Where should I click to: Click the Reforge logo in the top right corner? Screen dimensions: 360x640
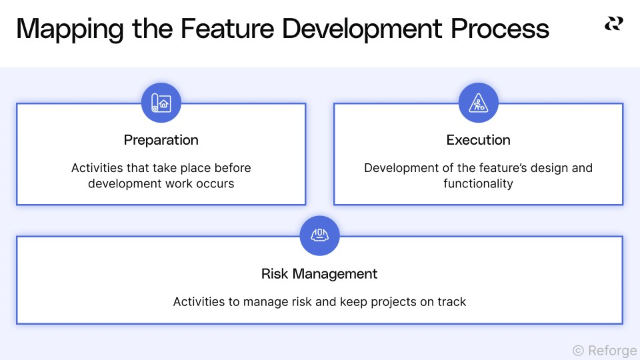coord(613,23)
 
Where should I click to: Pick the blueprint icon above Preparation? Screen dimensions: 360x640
coord(161,103)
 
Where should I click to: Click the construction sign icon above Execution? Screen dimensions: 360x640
coord(479,103)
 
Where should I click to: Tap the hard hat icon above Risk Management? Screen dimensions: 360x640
coord(320,235)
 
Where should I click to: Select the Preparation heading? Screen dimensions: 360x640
coord(161,140)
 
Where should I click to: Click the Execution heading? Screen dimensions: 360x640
coord(479,140)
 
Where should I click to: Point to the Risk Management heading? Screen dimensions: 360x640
coord(319,273)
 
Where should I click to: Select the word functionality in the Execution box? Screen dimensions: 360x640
coord(478,183)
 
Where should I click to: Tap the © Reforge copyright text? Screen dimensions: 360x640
coord(604,350)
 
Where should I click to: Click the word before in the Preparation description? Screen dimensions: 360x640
coord(233,168)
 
